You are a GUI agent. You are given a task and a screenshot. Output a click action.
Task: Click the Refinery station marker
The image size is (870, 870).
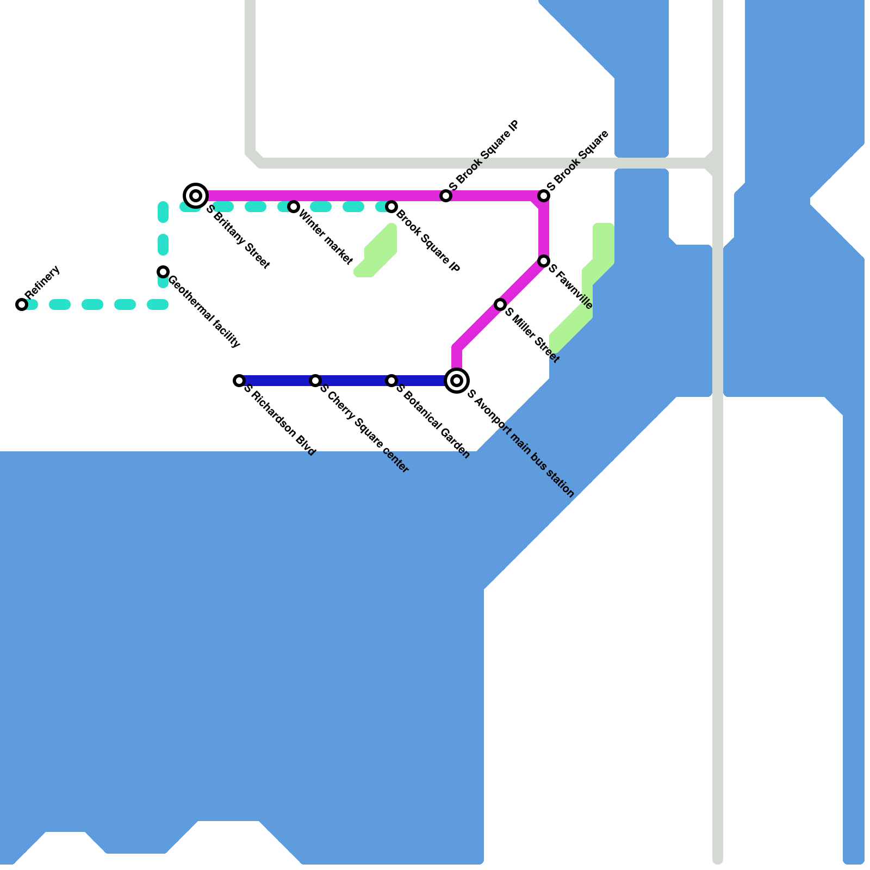[22, 304]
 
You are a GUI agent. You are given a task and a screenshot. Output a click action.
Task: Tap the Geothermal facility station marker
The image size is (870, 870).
[163, 272]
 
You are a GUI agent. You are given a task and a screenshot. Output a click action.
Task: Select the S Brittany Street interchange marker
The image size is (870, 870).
[196, 195]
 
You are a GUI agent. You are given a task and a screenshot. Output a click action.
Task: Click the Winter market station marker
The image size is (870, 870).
[294, 207]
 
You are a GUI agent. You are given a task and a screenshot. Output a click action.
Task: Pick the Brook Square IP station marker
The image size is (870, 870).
[391, 207]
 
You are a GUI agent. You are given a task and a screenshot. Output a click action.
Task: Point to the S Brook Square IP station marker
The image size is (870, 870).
[446, 196]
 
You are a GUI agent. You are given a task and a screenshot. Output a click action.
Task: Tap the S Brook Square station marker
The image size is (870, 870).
[544, 196]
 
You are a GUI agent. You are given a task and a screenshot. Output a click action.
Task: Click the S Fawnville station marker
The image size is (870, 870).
[544, 262]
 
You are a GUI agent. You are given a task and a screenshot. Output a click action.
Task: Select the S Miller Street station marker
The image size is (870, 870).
[500, 304]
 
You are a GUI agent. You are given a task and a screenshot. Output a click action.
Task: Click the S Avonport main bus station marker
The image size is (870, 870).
[457, 381]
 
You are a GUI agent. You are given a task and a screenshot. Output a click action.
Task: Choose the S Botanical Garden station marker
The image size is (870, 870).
[391, 381]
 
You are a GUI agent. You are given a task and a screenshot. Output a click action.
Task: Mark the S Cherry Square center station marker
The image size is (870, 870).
[315, 381]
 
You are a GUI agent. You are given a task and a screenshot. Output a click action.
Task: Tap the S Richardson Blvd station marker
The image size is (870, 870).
[239, 381]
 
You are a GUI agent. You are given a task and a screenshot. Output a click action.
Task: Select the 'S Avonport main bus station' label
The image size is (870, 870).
[520, 443]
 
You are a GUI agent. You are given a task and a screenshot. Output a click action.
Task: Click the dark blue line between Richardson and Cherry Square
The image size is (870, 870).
[277, 381]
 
